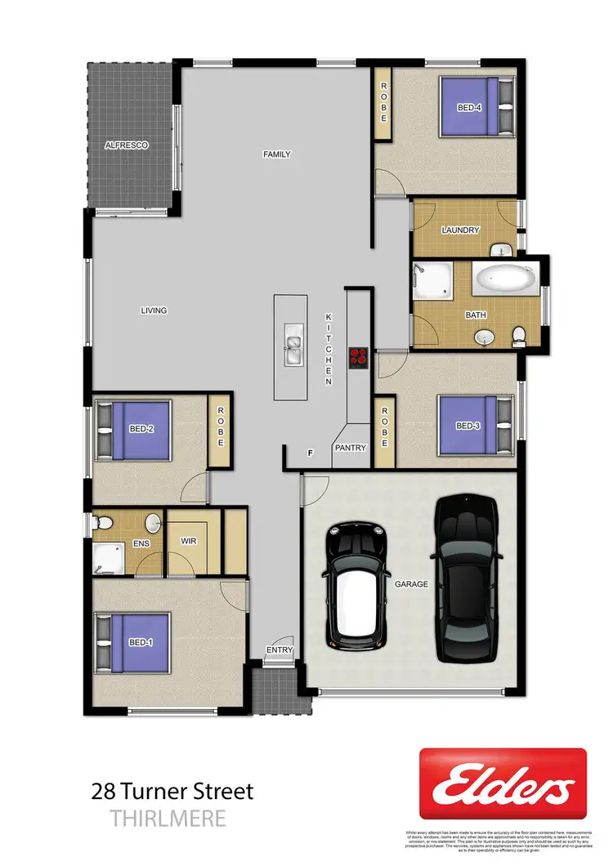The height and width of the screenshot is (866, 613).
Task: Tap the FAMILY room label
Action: pyautogui.click(x=276, y=154)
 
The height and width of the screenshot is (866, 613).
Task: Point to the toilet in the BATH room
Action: pyautogui.click(x=518, y=335)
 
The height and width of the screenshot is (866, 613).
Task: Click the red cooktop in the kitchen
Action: pyautogui.click(x=358, y=355)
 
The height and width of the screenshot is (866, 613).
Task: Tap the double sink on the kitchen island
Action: pyautogui.click(x=293, y=345)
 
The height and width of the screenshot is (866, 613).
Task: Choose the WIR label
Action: pyautogui.click(x=189, y=542)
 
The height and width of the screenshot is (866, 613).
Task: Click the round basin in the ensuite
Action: pyautogui.click(x=154, y=522)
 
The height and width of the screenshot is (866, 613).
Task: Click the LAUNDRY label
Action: pyautogui.click(x=460, y=230)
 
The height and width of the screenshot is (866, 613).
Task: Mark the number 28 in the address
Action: pyautogui.click(x=103, y=791)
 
